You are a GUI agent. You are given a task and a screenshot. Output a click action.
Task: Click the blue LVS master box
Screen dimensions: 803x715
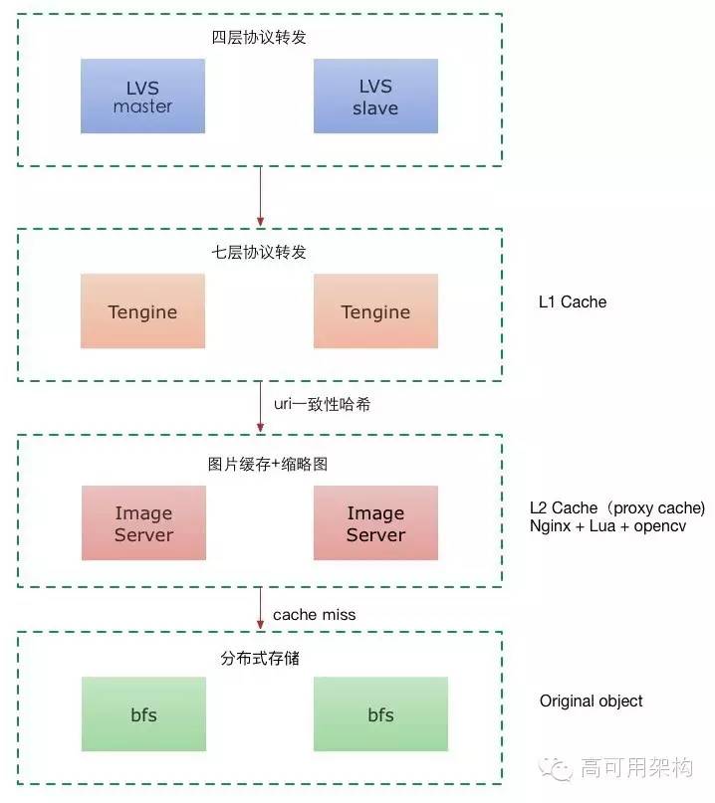pyautogui.click(x=142, y=96)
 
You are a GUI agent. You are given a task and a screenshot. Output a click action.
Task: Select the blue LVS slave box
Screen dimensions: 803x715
pyautogui.click(x=375, y=96)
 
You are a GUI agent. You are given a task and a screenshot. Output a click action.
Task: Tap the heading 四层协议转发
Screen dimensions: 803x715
pyautogui.click(x=260, y=40)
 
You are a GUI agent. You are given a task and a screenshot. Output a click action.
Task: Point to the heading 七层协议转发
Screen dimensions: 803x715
pyautogui.click(x=260, y=253)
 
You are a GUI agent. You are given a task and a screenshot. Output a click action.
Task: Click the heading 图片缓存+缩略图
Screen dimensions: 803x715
pyautogui.click(x=260, y=464)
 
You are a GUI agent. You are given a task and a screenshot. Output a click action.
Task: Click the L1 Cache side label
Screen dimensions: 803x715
pyautogui.click(x=573, y=301)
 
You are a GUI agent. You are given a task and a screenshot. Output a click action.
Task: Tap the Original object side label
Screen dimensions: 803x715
pyautogui.click(x=592, y=702)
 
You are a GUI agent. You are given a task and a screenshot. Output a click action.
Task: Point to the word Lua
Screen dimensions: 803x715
pyautogui.click(x=598, y=526)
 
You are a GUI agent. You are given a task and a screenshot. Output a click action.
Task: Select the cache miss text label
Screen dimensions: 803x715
pyautogui.click(x=314, y=615)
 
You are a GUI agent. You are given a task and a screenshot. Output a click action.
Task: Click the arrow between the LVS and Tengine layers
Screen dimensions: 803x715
pyautogui.click(x=260, y=196)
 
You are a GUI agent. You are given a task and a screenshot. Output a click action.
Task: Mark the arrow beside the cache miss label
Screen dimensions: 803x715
pyautogui.click(x=260, y=608)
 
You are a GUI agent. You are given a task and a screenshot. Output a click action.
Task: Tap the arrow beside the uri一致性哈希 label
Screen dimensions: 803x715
pyautogui.click(x=260, y=407)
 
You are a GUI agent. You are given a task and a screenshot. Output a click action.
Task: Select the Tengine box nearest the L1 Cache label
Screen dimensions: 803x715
pyautogui.click(x=375, y=311)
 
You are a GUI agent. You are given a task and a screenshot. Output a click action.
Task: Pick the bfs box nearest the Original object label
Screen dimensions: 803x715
pyautogui.click(x=380, y=714)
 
